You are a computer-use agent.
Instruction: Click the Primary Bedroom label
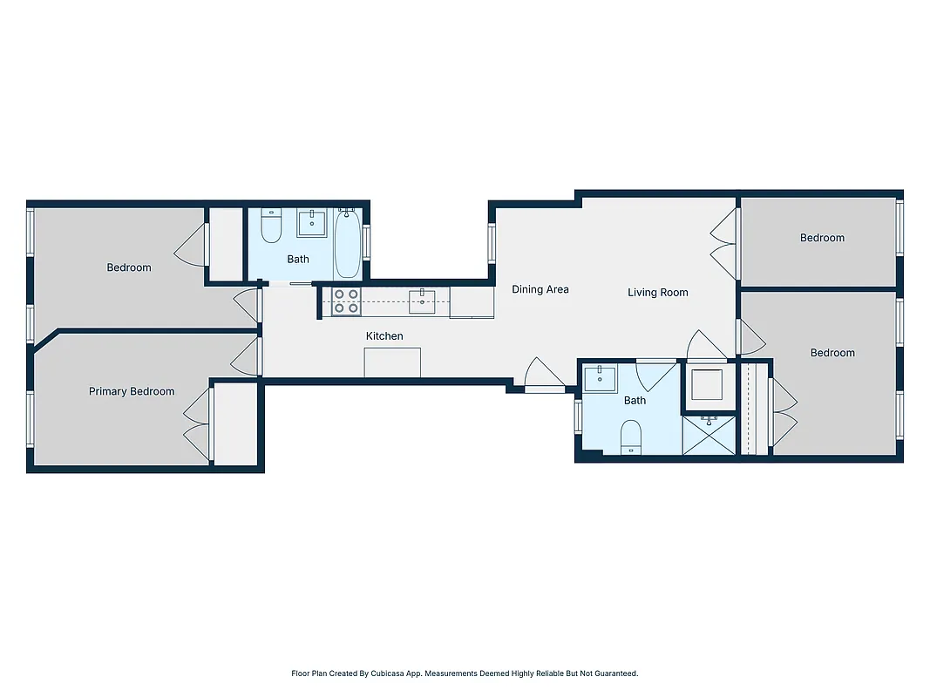click(x=132, y=392)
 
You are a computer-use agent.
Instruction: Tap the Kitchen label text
click(x=384, y=336)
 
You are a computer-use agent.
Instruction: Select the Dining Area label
click(x=540, y=289)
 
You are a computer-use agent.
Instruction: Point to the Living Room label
click(x=657, y=293)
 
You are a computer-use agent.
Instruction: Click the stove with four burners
click(x=346, y=301)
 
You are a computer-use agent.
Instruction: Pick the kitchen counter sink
click(x=422, y=301)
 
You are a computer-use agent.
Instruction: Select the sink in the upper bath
click(x=311, y=224)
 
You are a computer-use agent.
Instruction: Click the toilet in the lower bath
click(x=630, y=436)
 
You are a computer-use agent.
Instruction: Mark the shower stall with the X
click(x=709, y=435)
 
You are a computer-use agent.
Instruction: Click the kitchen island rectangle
click(x=392, y=362)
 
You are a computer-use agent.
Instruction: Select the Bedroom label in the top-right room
click(x=822, y=238)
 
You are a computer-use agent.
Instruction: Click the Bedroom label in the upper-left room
click(x=129, y=267)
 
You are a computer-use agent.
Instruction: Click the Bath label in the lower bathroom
click(x=635, y=401)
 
